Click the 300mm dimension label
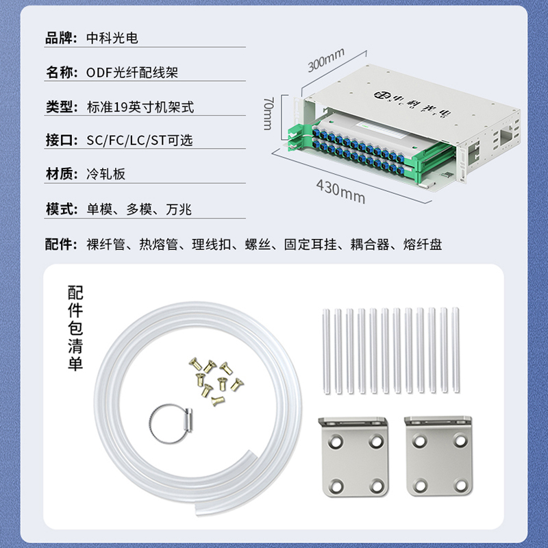pos(326,60)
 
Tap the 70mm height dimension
pos(268,114)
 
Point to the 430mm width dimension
pos(340,192)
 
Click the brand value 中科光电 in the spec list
pos(112,38)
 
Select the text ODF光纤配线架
pos(132,73)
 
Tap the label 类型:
pos(62,107)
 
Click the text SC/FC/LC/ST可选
pos(140,140)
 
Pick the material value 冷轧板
pos(105,174)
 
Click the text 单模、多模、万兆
pos(139,209)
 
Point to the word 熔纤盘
pos(423,245)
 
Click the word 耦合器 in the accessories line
pos(370,245)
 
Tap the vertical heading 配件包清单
pos(75,327)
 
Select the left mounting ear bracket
pos(353,456)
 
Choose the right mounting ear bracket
pos(438,456)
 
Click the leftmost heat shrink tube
pos(327,351)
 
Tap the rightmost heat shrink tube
pos(456,350)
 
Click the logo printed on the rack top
pos(412,104)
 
